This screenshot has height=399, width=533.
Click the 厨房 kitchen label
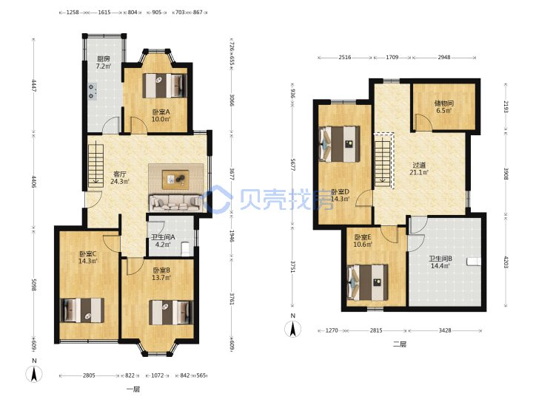[104, 58]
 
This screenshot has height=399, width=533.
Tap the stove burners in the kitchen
[93, 92]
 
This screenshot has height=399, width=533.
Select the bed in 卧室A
[164, 86]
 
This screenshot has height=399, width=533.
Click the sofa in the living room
[175, 202]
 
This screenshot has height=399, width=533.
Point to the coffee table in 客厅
[175, 180]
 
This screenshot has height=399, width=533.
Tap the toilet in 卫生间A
[186, 248]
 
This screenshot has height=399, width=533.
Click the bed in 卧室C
[82, 310]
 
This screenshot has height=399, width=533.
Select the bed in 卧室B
[171, 313]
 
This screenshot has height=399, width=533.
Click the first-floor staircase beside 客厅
[95, 166]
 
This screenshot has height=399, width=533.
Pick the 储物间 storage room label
[444, 103]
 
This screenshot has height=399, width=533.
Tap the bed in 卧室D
[339, 144]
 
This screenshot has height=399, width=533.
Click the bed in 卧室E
[367, 282]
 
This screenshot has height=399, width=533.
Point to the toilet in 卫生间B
[474, 262]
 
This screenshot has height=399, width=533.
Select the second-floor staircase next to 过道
[383, 160]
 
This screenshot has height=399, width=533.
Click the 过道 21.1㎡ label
[419, 168]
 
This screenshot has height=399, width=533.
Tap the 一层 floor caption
[133, 389]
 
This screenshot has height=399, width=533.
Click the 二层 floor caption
[400, 344]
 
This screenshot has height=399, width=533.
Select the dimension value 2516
[345, 58]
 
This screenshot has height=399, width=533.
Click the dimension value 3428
[445, 330]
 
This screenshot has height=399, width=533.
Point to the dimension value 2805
[89, 375]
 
